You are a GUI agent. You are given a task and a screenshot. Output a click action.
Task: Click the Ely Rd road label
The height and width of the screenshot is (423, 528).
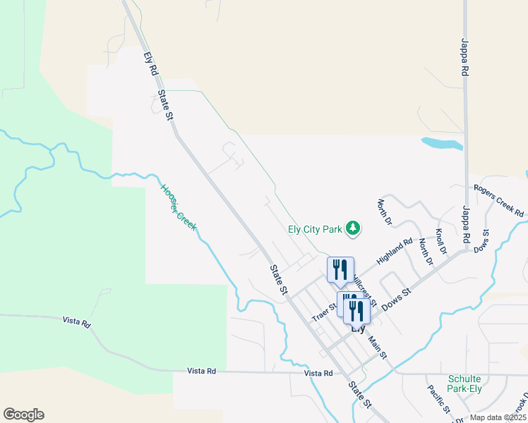[x=149, y=61]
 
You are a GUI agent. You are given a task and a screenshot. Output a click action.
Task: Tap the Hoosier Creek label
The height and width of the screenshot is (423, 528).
[x=177, y=208]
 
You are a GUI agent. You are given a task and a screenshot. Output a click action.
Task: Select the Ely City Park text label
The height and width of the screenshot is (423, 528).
[x=315, y=228]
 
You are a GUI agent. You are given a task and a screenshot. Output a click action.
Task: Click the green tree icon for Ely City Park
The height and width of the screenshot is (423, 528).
[x=354, y=228]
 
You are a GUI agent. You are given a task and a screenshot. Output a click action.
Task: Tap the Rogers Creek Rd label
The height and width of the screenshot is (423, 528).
[x=499, y=201]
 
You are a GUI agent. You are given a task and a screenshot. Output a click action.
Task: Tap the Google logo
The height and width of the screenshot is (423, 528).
[x=23, y=415]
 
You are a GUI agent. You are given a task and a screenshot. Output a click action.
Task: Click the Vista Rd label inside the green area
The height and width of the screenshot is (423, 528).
[x=76, y=323]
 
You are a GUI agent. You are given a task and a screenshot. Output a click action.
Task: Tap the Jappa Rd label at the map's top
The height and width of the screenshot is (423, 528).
[x=465, y=57]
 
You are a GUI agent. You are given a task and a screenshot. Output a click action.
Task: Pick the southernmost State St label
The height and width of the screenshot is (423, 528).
[x=360, y=395]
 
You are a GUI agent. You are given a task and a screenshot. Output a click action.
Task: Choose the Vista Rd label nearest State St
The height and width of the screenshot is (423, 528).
[x=318, y=373]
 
